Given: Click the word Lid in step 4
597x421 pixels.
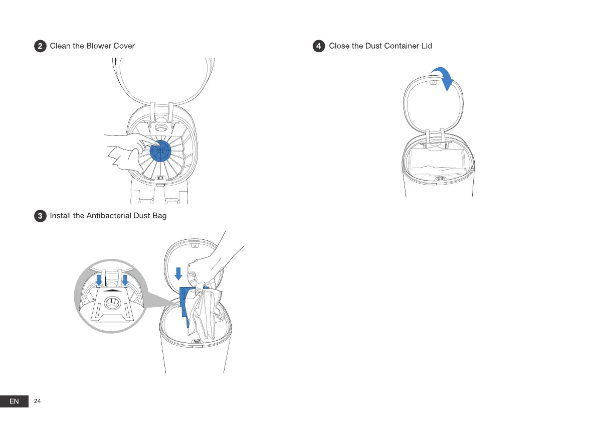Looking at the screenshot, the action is [426, 46].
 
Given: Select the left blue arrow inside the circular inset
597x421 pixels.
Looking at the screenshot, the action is [99, 280].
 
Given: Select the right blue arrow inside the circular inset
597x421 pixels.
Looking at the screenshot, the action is [125, 280].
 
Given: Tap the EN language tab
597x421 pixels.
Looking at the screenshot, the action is [14, 401].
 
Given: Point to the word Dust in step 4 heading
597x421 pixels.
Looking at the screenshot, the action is [373, 46].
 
